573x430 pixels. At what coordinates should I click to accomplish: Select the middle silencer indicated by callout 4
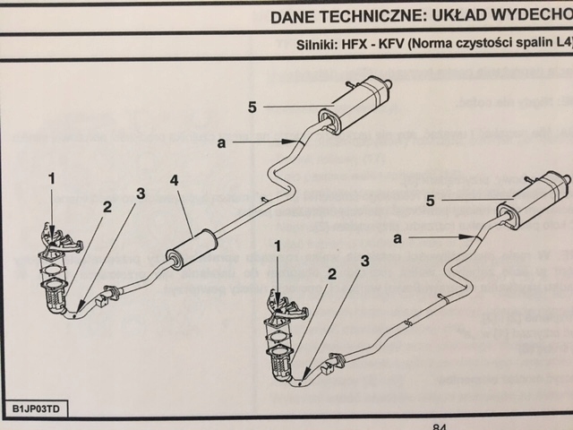tap(192, 247)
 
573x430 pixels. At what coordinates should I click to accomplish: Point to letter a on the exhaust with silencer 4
tap(220, 142)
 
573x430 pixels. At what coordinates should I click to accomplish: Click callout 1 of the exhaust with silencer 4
tap(52, 178)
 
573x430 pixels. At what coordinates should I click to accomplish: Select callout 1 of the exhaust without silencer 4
tap(278, 245)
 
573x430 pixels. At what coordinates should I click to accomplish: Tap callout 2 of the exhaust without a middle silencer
tap(332, 274)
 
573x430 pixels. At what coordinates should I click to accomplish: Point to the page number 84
tap(439, 427)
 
